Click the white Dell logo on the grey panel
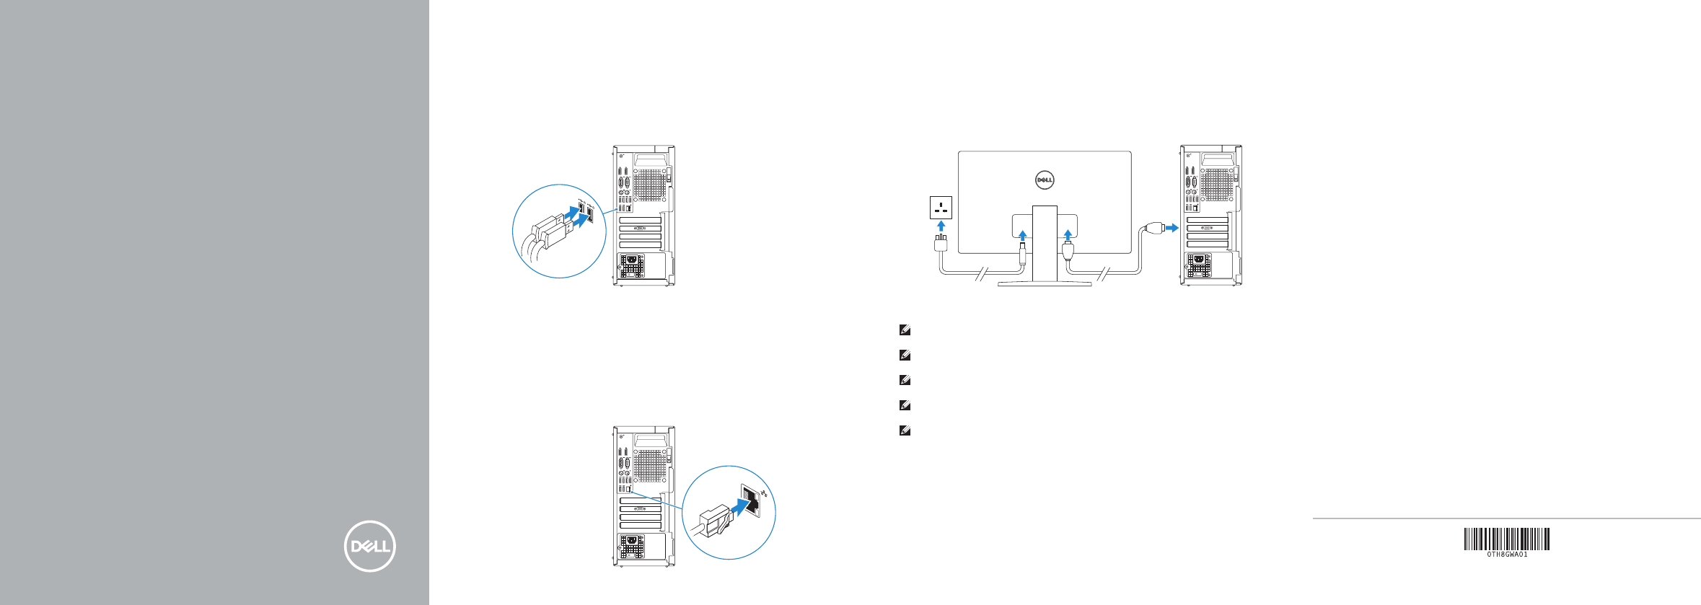[x=369, y=546]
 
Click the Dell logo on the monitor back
[x=1045, y=180]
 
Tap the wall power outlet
[x=941, y=208]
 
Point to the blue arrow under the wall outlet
[x=941, y=226]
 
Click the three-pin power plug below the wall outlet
[x=941, y=242]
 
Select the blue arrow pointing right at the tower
[x=1172, y=228]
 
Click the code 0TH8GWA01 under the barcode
[x=1507, y=555]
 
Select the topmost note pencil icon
[x=905, y=330]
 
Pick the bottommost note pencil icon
[x=905, y=430]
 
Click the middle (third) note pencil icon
[x=905, y=380]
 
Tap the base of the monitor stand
[x=1044, y=284]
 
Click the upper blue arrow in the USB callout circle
[x=572, y=213]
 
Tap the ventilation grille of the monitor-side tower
[x=1217, y=185]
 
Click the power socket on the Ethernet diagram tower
[x=633, y=542]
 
